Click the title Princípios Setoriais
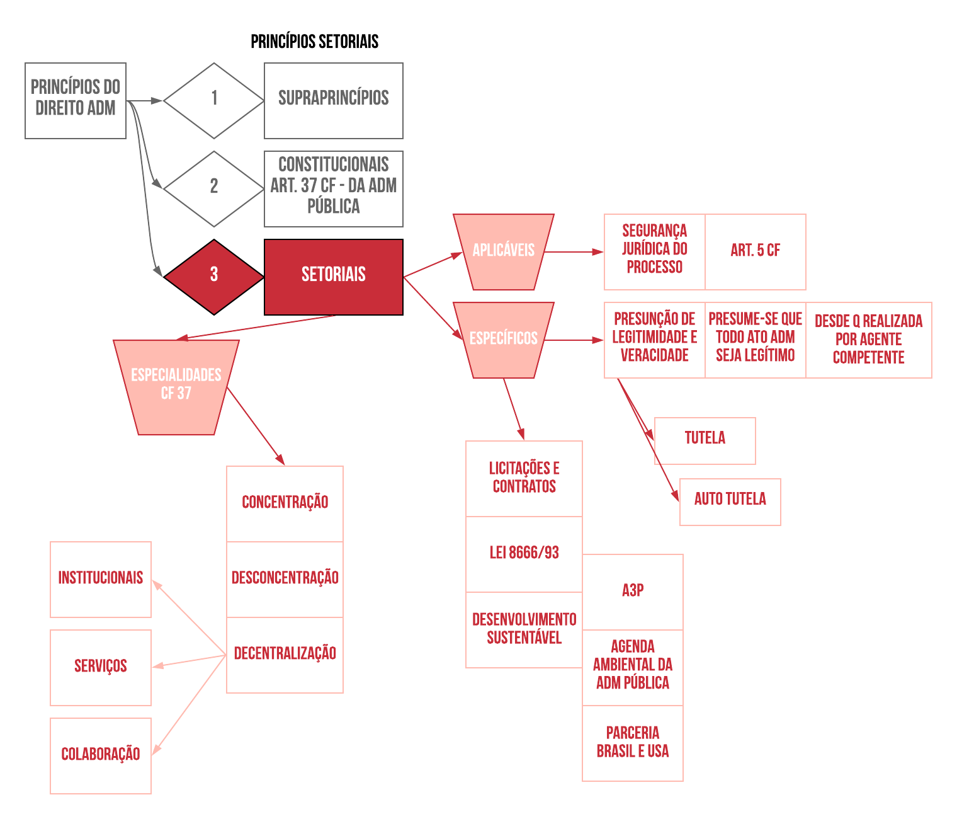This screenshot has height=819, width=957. click(314, 42)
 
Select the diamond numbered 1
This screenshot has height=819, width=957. click(214, 100)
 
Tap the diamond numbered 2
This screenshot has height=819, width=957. click(214, 188)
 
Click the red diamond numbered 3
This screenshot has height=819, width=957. click(214, 277)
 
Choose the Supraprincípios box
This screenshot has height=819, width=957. click(333, 100)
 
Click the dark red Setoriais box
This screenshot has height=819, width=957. click(333, 277)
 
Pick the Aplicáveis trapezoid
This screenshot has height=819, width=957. click(503, 251)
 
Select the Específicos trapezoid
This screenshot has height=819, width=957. click(503, 340)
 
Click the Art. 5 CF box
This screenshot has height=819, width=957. click(755, 251)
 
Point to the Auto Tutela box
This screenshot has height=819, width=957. click(730, 501)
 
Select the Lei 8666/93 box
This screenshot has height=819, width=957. click(524, 554)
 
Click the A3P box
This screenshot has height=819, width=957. click(632, 592)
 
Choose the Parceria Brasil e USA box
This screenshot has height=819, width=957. click(632, 743)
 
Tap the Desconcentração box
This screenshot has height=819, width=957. click(285, 579)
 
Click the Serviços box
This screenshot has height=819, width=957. click(101, 667)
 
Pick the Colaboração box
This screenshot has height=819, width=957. click(101, 755)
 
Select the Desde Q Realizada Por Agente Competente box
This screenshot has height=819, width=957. click(868, 340)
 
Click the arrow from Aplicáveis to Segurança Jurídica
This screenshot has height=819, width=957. click(573, 252)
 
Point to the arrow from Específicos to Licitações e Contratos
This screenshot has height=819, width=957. click(513, 408)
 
